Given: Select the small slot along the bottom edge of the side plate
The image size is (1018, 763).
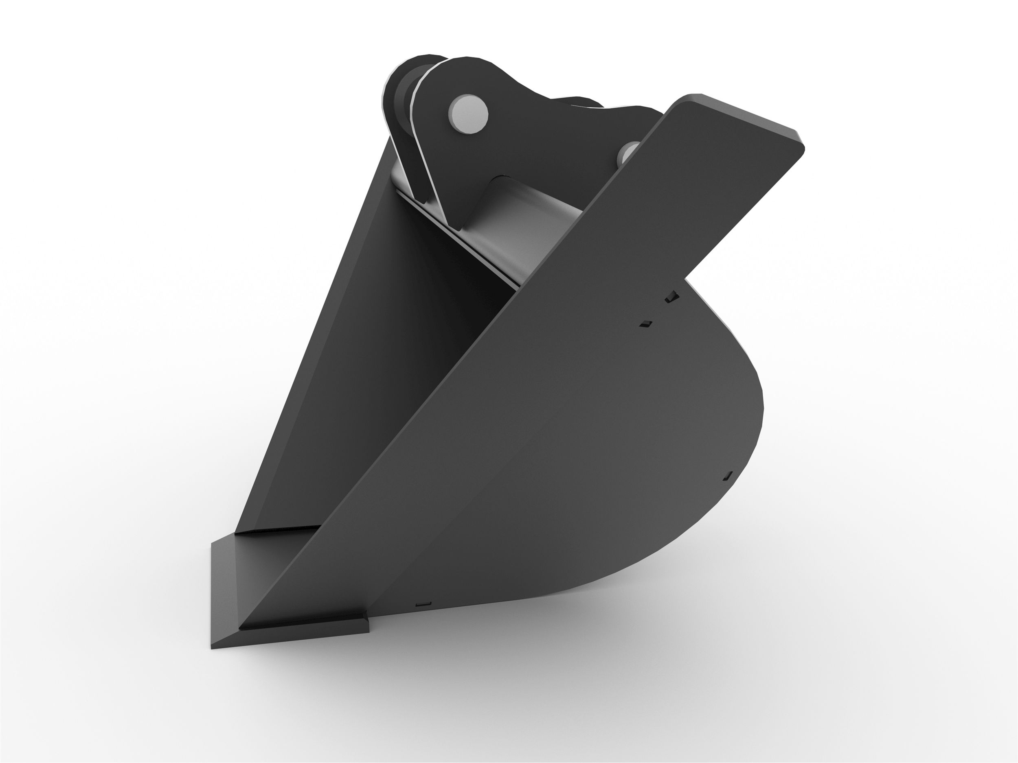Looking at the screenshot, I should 423,604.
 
